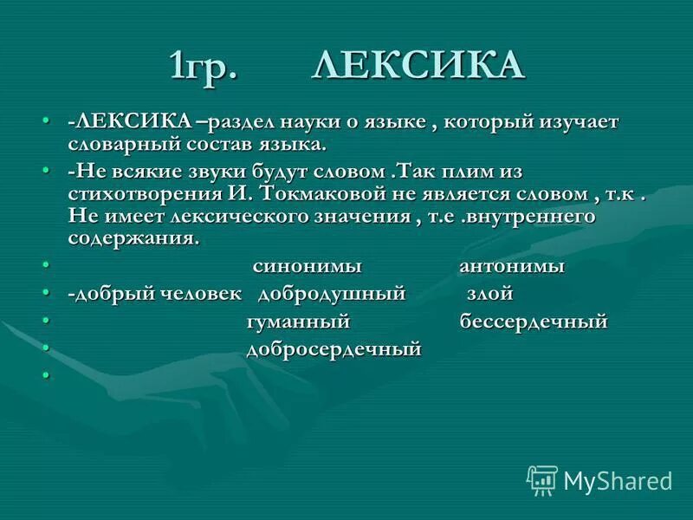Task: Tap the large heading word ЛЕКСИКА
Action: tap(418, 65)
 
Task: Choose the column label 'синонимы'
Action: tap(307, 266)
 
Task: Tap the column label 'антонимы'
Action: tap(512, 266)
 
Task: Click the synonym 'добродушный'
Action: tap(332, 294)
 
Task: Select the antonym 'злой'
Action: tap(489, 294)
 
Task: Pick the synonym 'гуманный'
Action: tap(297, 322)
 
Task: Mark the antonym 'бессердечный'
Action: tap(534, 322)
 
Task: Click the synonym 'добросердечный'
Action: tap(334, 349)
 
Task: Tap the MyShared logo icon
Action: tap(542, 479)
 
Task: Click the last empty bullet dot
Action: tap(45, 375)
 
